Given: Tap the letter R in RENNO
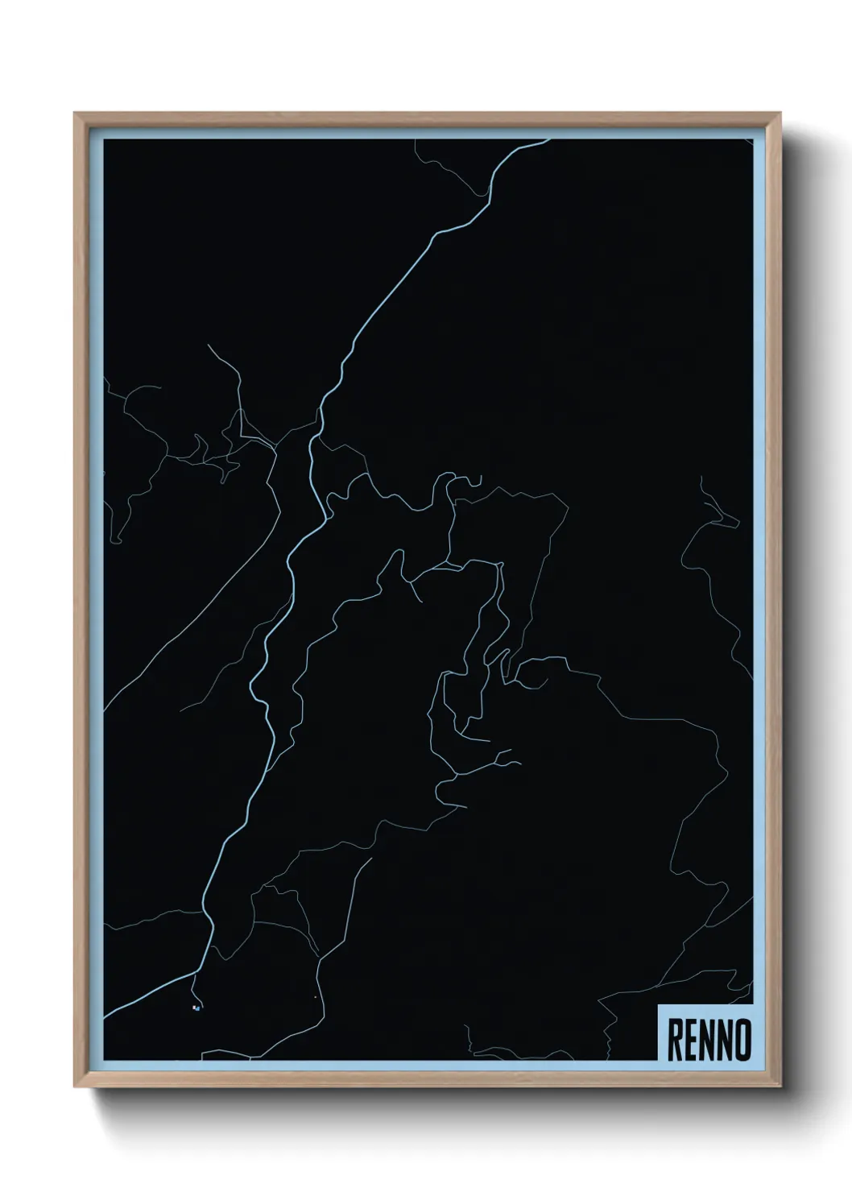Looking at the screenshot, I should (675, 1040).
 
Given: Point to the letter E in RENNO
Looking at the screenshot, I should (691, 1040).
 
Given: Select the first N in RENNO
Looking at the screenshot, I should (707, 1040).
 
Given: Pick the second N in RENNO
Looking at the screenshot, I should (725, 1040).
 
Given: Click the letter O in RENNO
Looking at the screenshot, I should (742, 1040).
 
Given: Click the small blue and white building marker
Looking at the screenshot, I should (196, 1008).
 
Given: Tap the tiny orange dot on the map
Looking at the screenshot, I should (315, 998).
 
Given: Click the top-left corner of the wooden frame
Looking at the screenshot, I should (76, 114).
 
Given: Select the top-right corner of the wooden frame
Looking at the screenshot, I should (779, 114).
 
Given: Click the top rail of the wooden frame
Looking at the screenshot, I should (427, 118).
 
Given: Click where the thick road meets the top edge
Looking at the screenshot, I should (548, 141).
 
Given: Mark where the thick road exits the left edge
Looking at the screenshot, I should (105, 1016).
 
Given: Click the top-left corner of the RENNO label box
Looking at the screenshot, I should (659, 1006).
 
